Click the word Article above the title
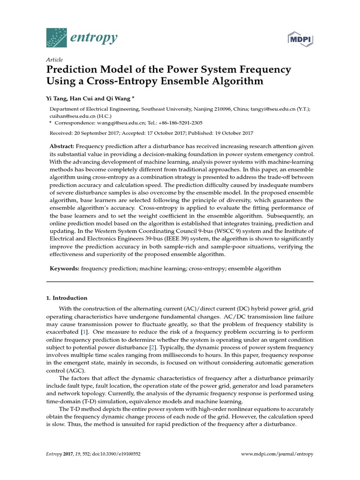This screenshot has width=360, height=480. pyautogui.click(x=55, y=60)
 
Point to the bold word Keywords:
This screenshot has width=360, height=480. pyautogui.click(x=65, y=269)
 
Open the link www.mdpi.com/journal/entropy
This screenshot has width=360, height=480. pyautogui.click(x=277, y=454)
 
